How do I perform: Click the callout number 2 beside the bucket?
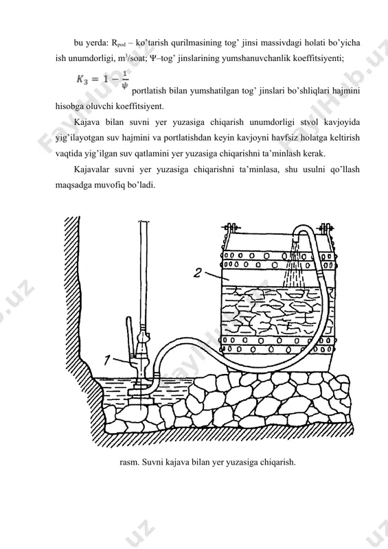point(198,272)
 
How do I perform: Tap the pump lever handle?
point(129,336)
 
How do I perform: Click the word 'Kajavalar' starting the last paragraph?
point(89,170)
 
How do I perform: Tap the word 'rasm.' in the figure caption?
point(129,462)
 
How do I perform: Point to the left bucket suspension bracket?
point(230,229)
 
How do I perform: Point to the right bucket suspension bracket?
point(326,229)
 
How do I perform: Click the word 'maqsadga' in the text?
point(71,185)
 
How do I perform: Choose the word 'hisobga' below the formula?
point(69,106)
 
